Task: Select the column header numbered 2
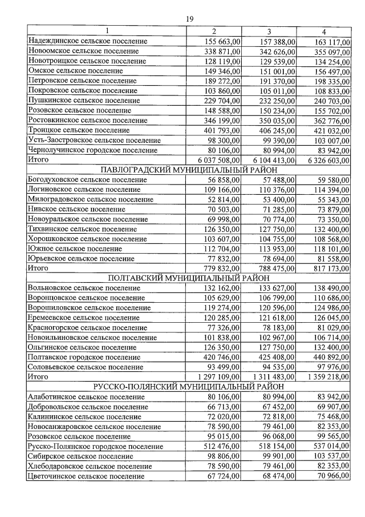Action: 214,31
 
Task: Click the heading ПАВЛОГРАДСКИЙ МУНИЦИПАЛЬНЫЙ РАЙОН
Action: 189,170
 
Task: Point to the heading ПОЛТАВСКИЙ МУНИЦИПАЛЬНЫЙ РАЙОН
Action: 189,278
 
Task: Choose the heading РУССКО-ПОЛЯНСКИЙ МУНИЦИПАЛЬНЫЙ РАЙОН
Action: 189,387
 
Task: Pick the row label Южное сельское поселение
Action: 75,249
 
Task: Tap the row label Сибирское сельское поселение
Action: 80,456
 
